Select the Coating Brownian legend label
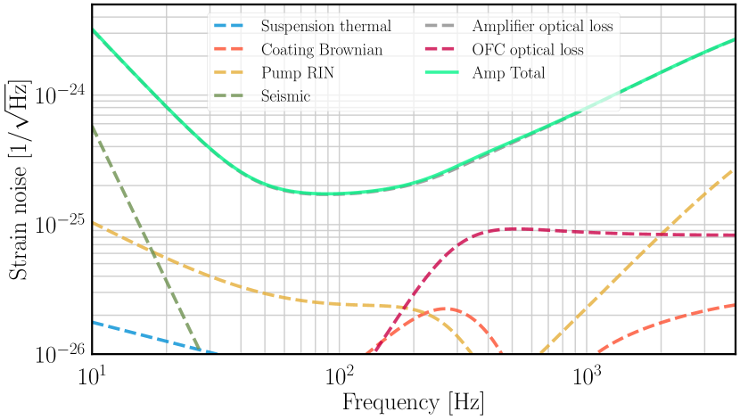point(322,50)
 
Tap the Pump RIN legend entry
point(298,73)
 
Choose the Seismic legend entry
point(285,96)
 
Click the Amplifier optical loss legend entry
point(542,27)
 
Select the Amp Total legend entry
point(508,73)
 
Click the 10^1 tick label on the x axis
point(92,375)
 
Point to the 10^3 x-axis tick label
point(587,375)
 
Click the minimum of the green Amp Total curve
point(328,194)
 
